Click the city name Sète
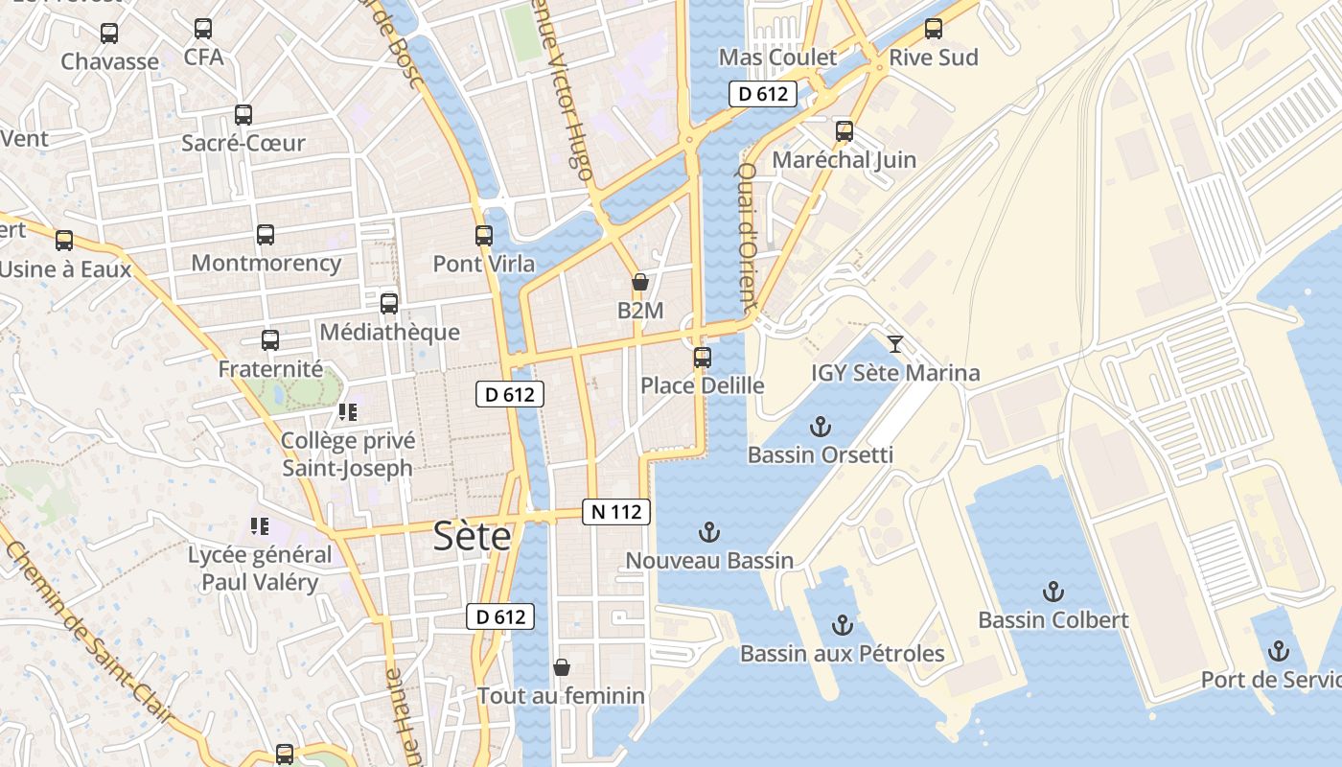(x=472, y=536)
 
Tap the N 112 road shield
(x=616, y=512)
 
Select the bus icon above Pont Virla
(x=484, y=235)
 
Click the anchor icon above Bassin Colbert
(x=1053, y=591)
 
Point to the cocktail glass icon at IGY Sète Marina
(x=895, y=343)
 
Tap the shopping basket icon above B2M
(x=640, y=282)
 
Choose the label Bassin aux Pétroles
(x=842, y=654)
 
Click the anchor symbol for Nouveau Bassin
(x=709, y=531)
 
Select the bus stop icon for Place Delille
(x=703, y=358)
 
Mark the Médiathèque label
(x=389, y=333)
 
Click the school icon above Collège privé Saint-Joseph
(x=347, y=412)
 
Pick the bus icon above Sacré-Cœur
(x=243, y=115)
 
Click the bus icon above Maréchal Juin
(x=845, y=130)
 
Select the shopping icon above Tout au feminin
(x=562, y=666)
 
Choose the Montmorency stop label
(x=266, y=263)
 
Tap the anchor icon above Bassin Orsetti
(x=821, y=427)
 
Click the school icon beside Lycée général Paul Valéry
(x=259, y=525)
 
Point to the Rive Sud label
(x=934, y=58)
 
